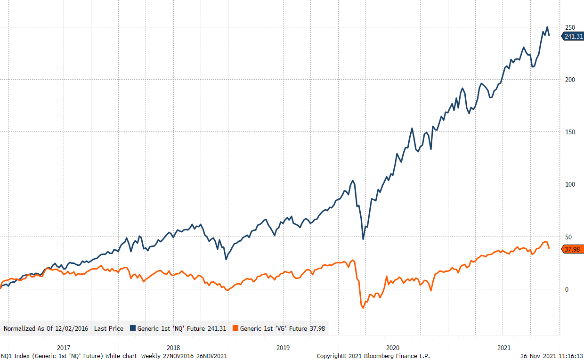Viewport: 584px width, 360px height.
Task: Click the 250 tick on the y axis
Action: point(570,27)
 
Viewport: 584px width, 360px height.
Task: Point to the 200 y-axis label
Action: point(570,80)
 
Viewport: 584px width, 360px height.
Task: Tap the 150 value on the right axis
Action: point(570,132)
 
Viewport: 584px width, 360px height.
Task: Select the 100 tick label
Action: point(570,184)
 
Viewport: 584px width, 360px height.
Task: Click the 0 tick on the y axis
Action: point(567,289)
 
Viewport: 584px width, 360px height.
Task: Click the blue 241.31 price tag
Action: point(573,36)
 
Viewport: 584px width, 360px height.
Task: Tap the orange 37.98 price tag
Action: point(573,249)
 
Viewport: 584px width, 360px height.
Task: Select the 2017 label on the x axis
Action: point(64,348)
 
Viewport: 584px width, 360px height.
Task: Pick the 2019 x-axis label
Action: point(283,348)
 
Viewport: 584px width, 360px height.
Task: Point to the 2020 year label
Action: point(392,348)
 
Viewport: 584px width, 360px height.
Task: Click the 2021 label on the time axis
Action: point(504,348)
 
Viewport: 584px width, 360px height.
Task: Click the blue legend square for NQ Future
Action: point(133,328)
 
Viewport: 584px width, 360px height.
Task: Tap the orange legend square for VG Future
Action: point(236,328)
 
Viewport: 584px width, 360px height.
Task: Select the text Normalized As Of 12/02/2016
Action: point(46,328)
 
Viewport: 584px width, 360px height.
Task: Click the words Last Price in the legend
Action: point(109,328)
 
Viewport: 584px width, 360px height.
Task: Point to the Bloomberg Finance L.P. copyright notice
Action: point(373,356)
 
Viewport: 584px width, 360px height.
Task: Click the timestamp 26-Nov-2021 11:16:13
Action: point(552,356)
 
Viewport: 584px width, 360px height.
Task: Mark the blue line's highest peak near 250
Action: point(547,27)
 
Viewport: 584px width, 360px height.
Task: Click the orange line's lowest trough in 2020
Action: point(363,308)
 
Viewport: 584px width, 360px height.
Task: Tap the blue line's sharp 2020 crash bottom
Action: point(363,239)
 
